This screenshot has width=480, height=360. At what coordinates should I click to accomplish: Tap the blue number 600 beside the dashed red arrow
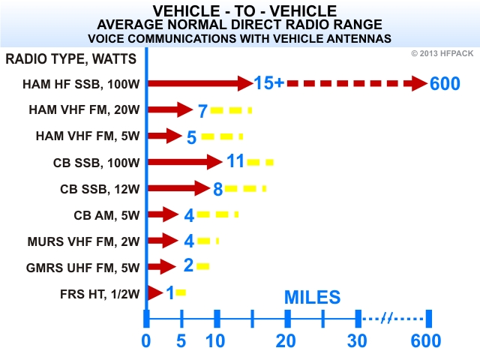tap(445, 84)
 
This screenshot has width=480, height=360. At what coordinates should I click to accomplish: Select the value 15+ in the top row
tap(268, 83)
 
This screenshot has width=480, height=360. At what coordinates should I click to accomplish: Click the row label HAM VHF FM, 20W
tap(83, 109)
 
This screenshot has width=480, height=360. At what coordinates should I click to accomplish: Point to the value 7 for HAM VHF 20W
tap(202, 111)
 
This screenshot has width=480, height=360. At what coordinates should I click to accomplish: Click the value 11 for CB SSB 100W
tap(235, 161)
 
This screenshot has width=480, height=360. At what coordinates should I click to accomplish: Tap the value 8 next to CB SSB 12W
tap(218, 189)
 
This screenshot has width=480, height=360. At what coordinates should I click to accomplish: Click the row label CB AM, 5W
tap(106, 214)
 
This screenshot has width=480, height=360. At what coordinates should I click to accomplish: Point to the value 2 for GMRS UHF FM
tap(188, 265)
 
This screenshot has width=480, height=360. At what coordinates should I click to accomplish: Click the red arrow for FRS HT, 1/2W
tap(155, 292)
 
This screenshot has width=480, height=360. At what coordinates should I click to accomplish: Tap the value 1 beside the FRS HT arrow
tap(170, 292)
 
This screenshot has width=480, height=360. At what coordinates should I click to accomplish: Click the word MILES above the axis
tap(312, 296)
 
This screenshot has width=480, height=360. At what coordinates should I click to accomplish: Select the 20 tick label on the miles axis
tap(287, 340)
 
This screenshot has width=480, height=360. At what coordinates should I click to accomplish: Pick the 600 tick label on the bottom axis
tap(426, 340)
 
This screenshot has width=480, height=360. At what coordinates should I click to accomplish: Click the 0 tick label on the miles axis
tap(147, 340)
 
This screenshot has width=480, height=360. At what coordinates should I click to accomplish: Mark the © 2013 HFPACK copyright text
tap(443, 52)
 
